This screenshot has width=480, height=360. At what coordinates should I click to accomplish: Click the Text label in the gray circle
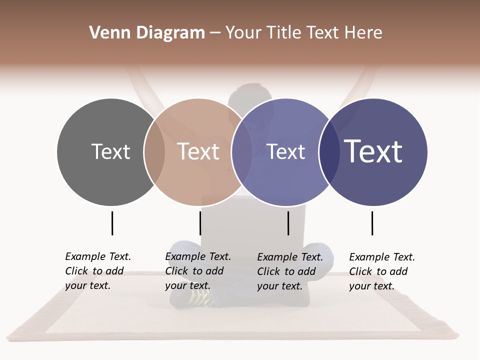[x=110, y=151]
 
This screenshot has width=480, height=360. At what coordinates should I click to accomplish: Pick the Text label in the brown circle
[x=198, y=151]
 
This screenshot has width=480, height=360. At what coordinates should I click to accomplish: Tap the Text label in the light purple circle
[x=285, y=151]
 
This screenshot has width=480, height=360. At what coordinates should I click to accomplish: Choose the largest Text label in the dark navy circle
[x=373, y=151]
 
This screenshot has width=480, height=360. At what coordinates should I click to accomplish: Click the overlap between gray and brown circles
[x=154, y=152]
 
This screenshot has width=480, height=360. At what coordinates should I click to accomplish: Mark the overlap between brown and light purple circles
[x=242, y=152]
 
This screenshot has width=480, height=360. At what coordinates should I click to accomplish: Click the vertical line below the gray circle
[x=112, y=223]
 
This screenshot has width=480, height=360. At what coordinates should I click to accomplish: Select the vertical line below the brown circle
[x=200, y=223]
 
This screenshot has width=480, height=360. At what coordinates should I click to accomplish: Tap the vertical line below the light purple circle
[x=288, y=223]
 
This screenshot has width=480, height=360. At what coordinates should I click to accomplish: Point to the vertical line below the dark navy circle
[x=372, y=223]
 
